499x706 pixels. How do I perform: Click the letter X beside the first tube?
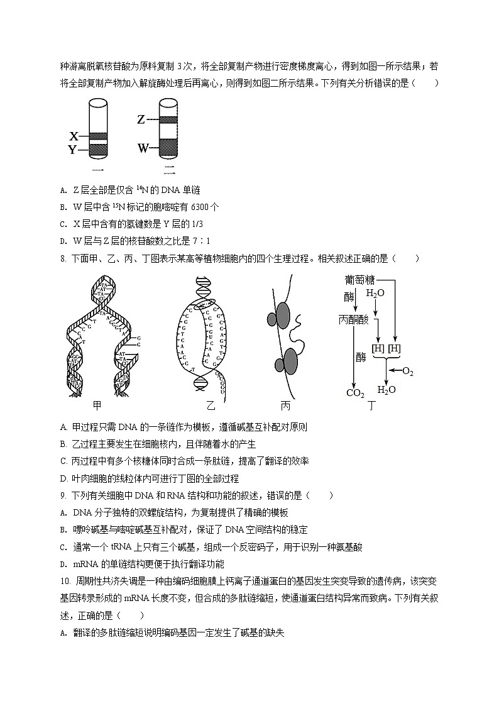(74, 136)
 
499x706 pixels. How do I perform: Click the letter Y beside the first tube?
(73, 150)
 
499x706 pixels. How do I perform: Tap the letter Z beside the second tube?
(141, 119)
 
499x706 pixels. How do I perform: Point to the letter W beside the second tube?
(143, 148)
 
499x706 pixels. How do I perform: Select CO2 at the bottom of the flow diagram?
(355, 394)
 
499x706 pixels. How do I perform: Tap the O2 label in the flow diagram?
(408, 372)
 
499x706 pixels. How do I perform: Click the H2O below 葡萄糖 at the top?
(375, 294)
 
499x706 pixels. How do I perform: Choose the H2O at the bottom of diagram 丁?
(387, 390)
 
